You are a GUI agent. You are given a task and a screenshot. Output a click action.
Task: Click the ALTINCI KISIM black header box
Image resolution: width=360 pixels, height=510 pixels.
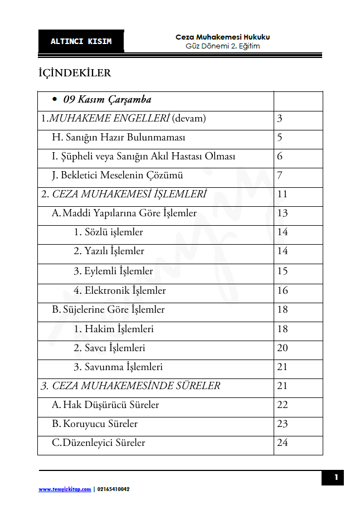point(81,41)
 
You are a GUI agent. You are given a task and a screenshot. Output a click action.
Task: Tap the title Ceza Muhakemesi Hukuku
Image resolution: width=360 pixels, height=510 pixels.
point(222,37)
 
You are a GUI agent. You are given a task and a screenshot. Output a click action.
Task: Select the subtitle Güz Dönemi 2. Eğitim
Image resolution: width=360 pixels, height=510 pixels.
point(222,46)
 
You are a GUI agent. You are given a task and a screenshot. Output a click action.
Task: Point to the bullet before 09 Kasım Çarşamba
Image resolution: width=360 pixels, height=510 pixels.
point(55,100)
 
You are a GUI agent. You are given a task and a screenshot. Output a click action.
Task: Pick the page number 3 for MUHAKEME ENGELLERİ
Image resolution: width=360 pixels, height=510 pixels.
point(280,118)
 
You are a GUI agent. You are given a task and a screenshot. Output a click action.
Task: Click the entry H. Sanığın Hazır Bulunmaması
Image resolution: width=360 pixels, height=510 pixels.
point(119,137)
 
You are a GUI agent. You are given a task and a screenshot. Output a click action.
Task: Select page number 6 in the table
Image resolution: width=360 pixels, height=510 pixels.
point(280,157)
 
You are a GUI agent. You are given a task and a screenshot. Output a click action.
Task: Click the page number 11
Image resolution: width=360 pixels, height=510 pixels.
point(282,195)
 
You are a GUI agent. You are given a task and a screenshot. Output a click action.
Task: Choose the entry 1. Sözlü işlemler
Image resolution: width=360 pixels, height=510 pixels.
point(108,232)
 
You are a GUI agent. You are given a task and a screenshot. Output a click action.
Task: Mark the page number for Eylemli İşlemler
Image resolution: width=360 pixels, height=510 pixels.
point(282,271)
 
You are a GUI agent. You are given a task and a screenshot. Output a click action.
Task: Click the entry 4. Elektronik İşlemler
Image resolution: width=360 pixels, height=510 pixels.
point(119,290)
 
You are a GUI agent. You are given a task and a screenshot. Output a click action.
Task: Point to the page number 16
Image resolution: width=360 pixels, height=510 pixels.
point(282,290)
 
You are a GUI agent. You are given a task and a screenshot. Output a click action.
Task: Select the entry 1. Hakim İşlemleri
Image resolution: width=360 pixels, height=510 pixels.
point(114,329)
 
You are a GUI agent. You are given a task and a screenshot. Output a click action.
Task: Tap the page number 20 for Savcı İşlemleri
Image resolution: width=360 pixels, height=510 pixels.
point(282,348)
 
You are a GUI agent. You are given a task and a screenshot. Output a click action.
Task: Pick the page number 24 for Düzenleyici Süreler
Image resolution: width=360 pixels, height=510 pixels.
point(282,443)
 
